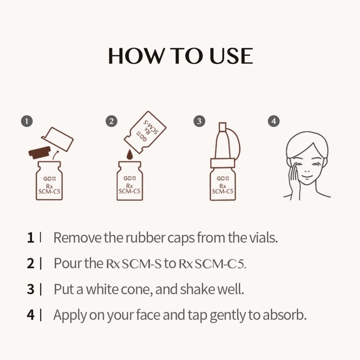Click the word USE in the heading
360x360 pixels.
[x=231, y=56]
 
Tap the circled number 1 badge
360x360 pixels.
[x=27, y=121]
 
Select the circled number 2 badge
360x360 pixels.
[x=112, y=121]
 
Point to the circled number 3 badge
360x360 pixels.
[x=199, y=121]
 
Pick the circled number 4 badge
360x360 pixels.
[x=274, y=121]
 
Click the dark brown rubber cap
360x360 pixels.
[x=40, y=152]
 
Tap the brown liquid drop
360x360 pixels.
[x=130, y=154]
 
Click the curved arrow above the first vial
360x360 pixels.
[x=55, y=155]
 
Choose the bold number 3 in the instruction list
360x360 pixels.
[x=31, y=289]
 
